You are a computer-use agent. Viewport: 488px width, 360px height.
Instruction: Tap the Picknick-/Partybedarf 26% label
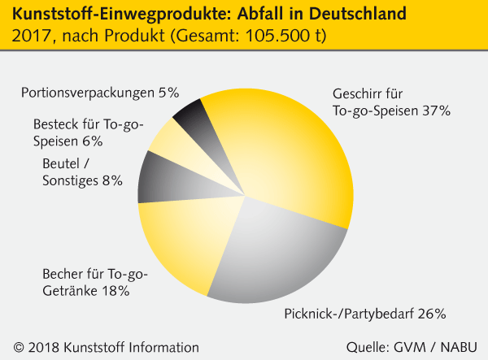366,314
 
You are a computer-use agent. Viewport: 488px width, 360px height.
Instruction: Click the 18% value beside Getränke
113,289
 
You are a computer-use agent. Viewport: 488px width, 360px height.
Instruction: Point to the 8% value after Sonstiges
111,180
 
